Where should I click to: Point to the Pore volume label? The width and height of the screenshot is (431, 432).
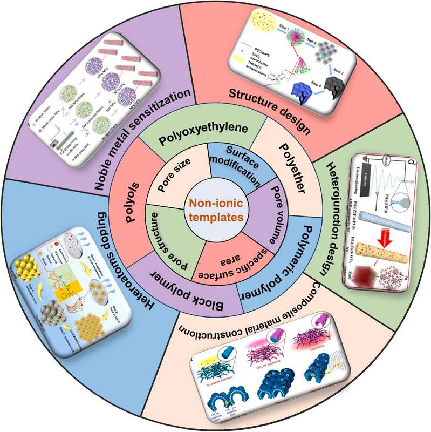tap(264, 200)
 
